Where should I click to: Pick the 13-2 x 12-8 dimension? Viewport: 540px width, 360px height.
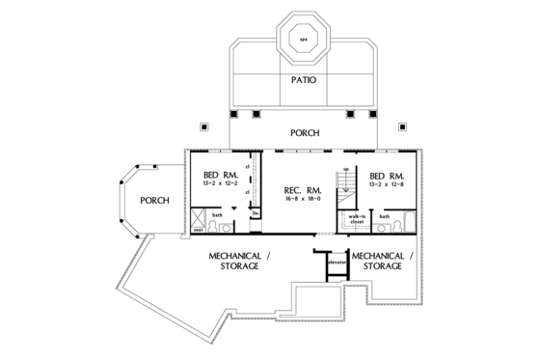pos(387,182)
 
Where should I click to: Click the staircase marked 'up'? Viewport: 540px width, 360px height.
pos(344,186)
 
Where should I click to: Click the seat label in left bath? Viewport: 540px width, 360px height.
pos(198,230)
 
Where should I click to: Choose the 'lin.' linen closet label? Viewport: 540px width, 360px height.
pos(256,214)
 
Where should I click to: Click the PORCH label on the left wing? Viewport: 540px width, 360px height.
pos(154,202)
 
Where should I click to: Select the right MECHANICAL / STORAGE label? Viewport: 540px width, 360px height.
pos(383,261)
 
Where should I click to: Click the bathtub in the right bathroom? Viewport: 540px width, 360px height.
pos(409,224)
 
